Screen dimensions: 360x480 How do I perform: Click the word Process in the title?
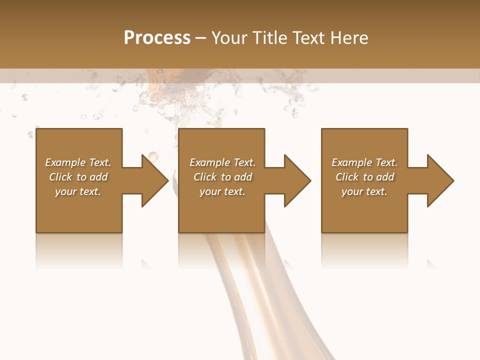tap(157, 37)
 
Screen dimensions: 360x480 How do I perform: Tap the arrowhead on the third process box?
tap(439, 180)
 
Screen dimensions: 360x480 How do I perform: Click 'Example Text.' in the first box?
tap(78, 162)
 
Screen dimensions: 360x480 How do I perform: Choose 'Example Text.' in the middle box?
tap(222, 162)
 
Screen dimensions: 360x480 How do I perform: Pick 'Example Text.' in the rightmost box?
tap(364, 162)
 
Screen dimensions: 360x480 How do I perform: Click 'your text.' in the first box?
tap(78, 191)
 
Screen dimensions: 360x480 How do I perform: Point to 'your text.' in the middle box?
tap(222, 191)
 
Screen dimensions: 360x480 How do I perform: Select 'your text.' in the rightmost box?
tap(364, 191)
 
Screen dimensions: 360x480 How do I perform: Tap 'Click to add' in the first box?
tap(78, 177)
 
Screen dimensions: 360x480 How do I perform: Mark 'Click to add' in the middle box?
tap(222, 177)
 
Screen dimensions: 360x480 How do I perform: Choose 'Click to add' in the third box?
tap(364, 177)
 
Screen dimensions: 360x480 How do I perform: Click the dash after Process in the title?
tap(201, 38)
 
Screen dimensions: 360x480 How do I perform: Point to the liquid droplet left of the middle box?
tap(152, 155)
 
